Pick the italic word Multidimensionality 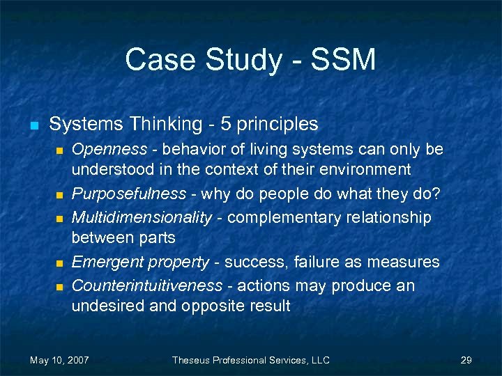(142, 217)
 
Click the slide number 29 (466, 360)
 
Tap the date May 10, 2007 (59, 360)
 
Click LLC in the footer (319, 360)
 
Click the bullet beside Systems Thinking (33, 126)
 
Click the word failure (325, 263)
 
